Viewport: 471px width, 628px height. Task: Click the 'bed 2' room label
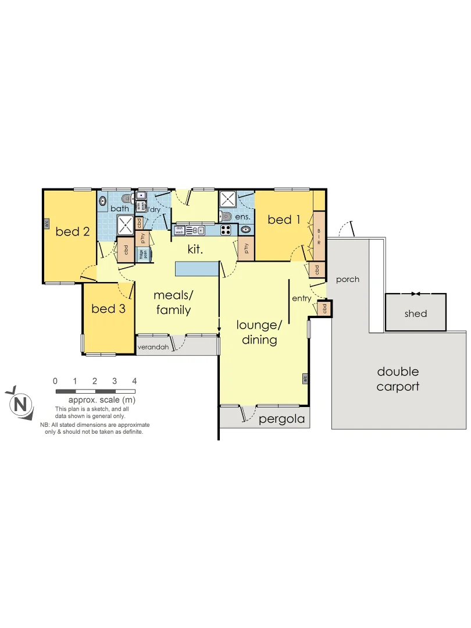point(73,232)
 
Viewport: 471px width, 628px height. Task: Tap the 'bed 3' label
point(108,309)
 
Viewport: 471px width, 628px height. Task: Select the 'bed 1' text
point(284,220)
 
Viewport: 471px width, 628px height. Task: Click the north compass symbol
point(21,403)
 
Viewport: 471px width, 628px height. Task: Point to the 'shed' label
point(416,314)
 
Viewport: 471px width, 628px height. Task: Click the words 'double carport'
point(398,379)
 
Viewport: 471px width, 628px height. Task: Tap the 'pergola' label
point(282,419)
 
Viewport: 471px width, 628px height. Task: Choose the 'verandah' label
point(152,348)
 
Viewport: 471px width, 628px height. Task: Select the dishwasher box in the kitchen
point(180,230)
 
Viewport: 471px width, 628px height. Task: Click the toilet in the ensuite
point(227,217)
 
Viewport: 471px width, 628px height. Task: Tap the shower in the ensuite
point(227,199)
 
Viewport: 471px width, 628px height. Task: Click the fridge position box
point(142,254)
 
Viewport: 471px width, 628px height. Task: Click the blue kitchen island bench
point(198,269)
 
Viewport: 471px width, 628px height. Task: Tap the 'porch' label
point(348,279)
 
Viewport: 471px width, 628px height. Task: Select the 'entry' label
point(302,298)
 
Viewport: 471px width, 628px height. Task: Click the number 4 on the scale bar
point(134,381)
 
